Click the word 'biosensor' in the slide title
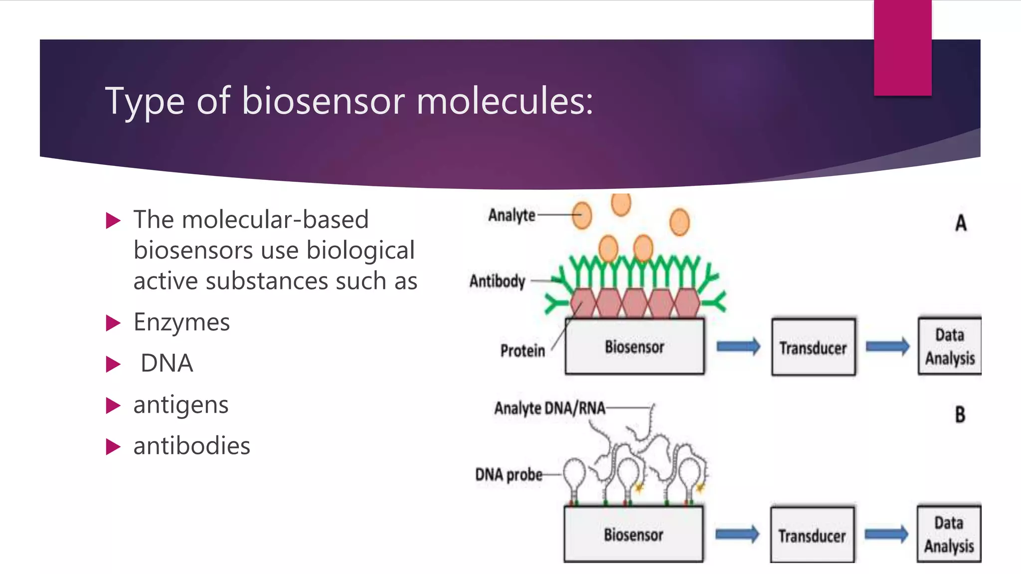pos(323,101)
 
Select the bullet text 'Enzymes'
pos(181,322)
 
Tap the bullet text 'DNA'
pos(167,363)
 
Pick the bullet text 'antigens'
pos(181,405)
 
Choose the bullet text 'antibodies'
pos(192,446)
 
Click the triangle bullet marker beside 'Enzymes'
pos(113,323)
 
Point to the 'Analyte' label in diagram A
pos(511,215)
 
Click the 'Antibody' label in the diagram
pos(497,282)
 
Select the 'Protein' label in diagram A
pos(522,351)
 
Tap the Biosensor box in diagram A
pos(635,347)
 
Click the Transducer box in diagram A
pos(813,348)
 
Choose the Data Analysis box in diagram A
pos(950,347)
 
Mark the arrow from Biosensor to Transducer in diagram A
pos(738,346)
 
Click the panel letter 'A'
pos(961,223)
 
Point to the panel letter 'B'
pos(960,415)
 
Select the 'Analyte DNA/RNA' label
pos(549,409)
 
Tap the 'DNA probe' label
pos(509,475)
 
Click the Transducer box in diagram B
pos(812,536)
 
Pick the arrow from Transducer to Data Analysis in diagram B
pos(886,535)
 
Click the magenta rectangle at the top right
pos(902,47)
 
